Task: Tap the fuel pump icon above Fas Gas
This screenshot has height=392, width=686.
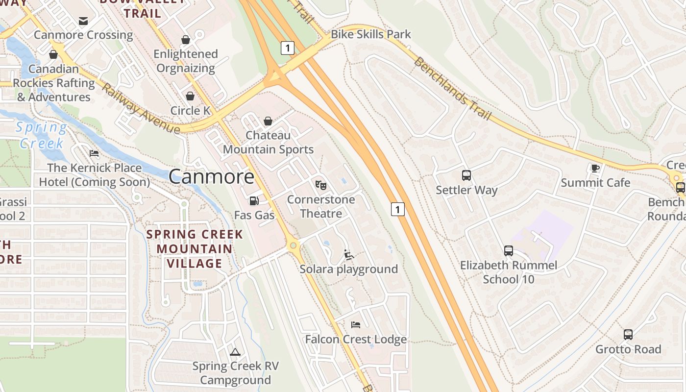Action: pos(254,200)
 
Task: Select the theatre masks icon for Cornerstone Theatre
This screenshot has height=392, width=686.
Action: pos(321,185)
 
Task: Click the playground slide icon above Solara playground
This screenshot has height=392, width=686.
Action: pos(348,254)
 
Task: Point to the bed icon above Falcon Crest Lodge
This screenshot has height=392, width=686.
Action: pos(356,324)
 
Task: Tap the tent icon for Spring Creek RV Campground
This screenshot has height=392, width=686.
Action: pos(235,351)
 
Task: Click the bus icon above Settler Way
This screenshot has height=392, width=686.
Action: pos(466,175)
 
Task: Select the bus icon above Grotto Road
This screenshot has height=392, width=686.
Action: pos(628,334)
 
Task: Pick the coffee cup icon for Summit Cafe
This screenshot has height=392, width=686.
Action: pos(595,168)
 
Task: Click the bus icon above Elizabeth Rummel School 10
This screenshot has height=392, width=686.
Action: pos(509,251)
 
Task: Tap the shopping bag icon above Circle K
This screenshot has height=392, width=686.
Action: pos(190,96)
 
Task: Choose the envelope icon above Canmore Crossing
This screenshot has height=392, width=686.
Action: pos(83,21)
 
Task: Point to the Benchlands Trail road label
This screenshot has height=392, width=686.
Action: pos(452,89)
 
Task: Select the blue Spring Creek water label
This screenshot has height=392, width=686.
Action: pos(41,135)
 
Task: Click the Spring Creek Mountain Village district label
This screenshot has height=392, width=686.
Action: pos(195,248)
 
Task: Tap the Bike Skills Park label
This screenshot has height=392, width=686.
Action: pos(371,34)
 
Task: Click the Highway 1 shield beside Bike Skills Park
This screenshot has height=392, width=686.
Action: pos(288,48)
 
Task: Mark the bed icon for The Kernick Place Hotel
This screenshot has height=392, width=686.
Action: pos(94,153)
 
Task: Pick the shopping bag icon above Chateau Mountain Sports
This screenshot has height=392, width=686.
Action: pos(268,121)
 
